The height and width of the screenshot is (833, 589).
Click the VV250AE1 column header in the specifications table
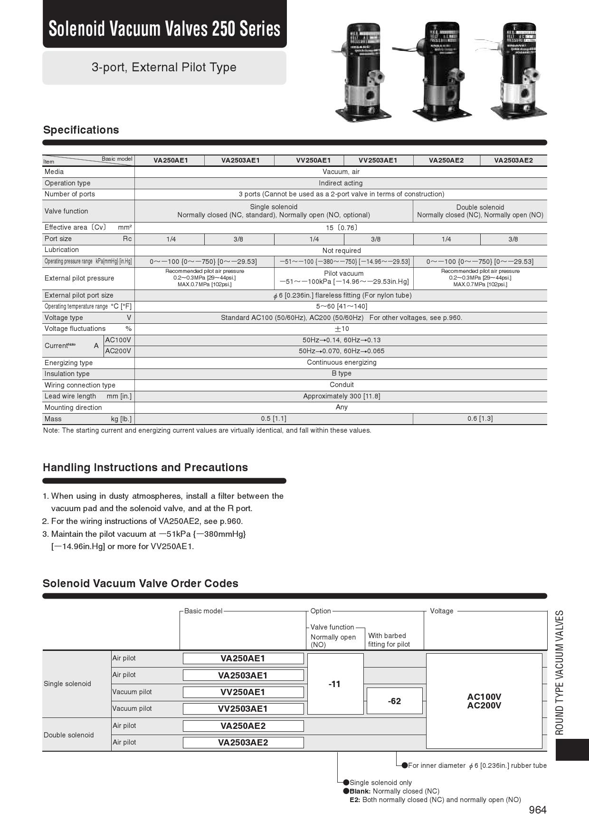(313, 160)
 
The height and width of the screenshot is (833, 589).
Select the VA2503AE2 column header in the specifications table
(513, 160)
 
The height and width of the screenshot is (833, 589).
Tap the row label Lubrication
(62, 250)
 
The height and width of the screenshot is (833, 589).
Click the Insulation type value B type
(341, 373)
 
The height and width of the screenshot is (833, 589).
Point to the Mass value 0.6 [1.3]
(480, 418)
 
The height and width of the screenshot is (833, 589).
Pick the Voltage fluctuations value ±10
(341, 329)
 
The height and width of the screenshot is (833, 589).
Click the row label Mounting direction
(73, 407)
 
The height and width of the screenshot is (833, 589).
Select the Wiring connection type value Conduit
(341, 385)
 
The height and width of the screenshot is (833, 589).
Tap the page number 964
(538, 810)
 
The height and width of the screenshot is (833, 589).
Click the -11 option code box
(335, 684)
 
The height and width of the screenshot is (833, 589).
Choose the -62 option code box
(394, 701)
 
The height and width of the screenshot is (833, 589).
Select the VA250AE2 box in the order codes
(243, 726)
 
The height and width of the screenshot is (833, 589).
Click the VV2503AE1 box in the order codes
(243, 709)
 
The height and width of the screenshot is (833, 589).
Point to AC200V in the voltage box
(484, 706)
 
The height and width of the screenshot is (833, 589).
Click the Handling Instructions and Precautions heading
(145, 467)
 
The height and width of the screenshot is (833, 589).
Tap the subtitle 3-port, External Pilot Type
(164, 67)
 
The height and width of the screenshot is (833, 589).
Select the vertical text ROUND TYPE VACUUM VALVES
(560, 672)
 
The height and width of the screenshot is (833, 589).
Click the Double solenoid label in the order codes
(69, 735)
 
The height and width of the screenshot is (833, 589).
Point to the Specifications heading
(81, 130)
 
